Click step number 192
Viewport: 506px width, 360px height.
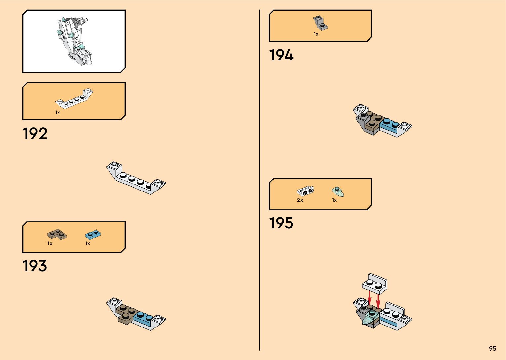click(x=35, y=134)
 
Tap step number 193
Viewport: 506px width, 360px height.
click(x=35, y=266)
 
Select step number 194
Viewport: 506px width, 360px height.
click(x=281, y=55)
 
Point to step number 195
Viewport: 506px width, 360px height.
click(x=281, y=223)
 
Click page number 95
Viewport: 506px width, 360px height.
click(x=492, y=349)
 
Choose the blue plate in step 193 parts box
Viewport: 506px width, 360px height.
click(x=93, y=235)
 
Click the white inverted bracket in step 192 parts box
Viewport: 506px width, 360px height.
click(x=74, y=98)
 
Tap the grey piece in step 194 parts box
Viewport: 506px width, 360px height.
click(x=320, y=23)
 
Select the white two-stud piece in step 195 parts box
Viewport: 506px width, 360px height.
click(x=305, y=191)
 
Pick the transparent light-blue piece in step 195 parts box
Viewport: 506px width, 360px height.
click(x=338, y=191)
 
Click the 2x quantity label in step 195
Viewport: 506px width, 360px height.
click(x=300, y=200)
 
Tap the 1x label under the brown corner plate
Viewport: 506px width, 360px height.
click(x=50, y=243)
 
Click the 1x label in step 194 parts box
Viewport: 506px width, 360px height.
click(x=316, y=34)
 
